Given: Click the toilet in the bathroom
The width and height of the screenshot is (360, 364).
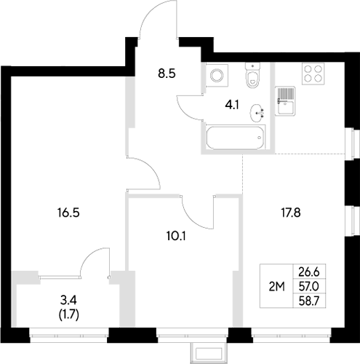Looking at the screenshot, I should tap(252, 76).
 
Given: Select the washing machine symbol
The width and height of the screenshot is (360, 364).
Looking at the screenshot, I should tap(215, 76).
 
